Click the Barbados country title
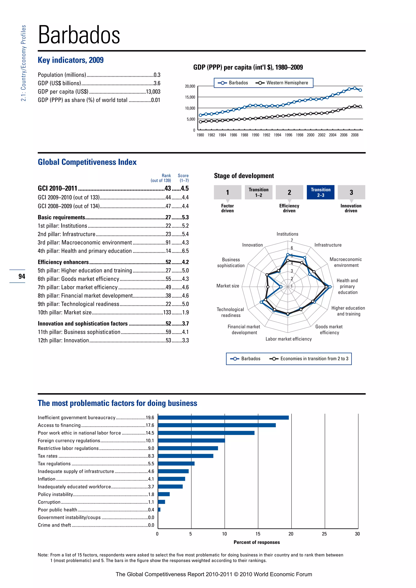click(79, 35)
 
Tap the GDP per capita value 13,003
click(153, 92)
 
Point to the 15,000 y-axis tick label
click(190, 97)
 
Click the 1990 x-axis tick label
click(255, 135)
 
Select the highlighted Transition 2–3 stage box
click(321, 192)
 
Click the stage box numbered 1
click(227, 192)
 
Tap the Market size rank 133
click(167, 312)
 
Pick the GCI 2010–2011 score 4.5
click(185, 188)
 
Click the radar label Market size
click(228, 286)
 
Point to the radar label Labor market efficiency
click(288, 339)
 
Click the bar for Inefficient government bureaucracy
click(223, 418)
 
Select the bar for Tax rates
click(185, 456)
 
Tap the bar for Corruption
click(161, 502)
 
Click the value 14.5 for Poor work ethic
click(150, 433)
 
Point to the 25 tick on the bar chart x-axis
click(324, 534)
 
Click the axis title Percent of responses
click(257, 542)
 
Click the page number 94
click(22, 276)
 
